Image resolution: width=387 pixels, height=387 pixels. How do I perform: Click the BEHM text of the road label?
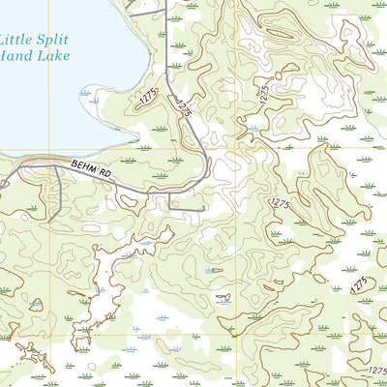click(x=83, y=167)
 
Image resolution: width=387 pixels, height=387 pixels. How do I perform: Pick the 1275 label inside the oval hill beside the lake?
click(x=147, y=97)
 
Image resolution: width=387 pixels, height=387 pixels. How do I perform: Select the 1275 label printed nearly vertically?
click(x=263, y=93)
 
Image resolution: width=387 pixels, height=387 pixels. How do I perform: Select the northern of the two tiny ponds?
click(x=211, y=271)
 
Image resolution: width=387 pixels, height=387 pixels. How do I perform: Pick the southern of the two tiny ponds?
click(x=223, y=300)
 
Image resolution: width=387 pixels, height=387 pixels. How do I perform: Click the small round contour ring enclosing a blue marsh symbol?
click(x=253, y=127)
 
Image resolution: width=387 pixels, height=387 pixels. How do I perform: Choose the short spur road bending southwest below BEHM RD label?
click(x=62, y=198)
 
